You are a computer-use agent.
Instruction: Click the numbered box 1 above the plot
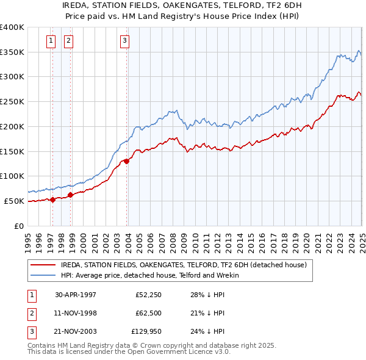(x=50, y=41)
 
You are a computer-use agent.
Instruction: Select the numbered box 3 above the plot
(x=124, y=41)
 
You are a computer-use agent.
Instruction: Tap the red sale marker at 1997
(x=52, y=199)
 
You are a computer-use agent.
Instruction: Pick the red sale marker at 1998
(x=71, y=195)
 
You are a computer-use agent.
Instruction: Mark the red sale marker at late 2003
(x=127, y=161)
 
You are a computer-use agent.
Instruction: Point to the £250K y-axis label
(x=12, y=102)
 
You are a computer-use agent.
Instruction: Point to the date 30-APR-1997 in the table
(x=76, y=295)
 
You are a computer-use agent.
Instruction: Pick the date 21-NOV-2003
(x=76, y=331)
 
